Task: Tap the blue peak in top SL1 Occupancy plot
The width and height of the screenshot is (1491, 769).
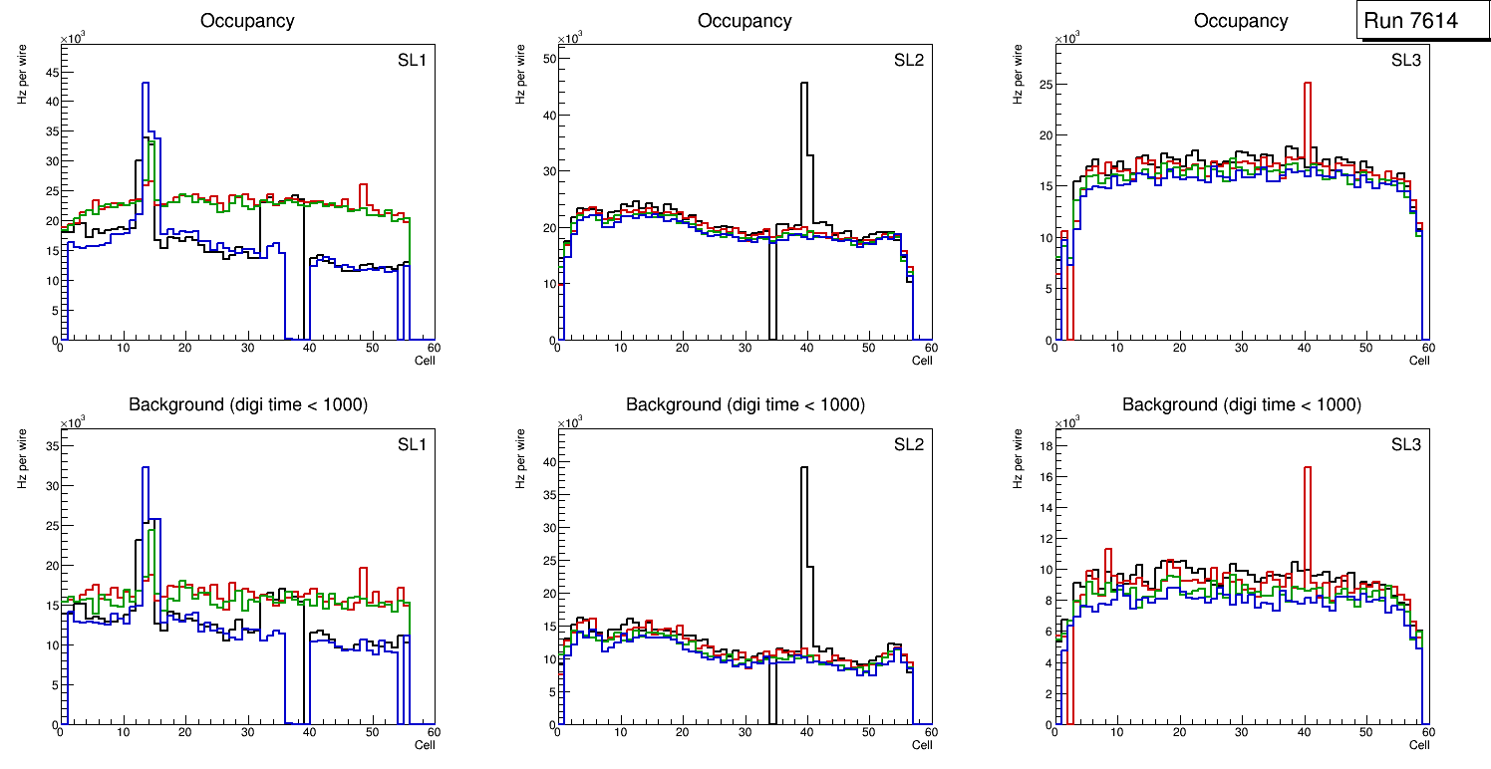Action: pos(146,85)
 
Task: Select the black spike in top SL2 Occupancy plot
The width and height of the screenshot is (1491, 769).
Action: pos(804,85)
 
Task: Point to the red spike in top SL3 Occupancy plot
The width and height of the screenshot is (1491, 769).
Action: pos(1307,85)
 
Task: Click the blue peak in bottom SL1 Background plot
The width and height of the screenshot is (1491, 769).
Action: pos(146,468)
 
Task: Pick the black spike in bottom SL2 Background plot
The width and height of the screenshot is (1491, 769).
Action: pos(804,469)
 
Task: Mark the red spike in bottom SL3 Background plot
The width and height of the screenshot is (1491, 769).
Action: pos(1307,469)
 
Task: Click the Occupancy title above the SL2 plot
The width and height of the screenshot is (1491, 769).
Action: pos(745,21)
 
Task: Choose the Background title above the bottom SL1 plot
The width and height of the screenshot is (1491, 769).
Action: pos(247,404)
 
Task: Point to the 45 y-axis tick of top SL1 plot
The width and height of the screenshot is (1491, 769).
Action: pos(51,72)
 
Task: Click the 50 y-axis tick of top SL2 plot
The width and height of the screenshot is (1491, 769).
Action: pos(547,59)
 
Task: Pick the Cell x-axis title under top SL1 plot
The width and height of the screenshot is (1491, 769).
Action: pos(425,361)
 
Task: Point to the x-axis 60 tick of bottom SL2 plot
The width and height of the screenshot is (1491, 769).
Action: pos(929,732)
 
